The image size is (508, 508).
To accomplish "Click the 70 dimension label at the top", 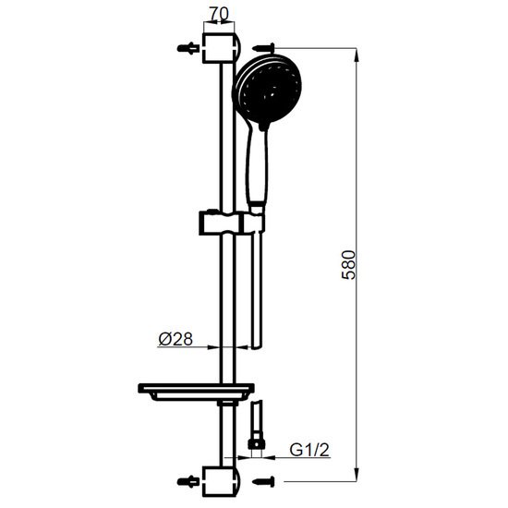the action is pyautogui.click(x=219, y=14).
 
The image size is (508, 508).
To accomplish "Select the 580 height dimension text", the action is pyautogui.click(x=348, y=265).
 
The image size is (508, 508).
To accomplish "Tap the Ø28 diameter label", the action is pyautogui.click(x=175, y=339).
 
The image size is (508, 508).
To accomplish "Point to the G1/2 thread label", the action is pyautogui.click(x=309, y=450).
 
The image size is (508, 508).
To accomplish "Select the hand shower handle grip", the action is pyautogui.click(x=257, y=165).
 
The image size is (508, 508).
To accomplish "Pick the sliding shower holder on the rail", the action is pyautogui.click(x=232, y=223).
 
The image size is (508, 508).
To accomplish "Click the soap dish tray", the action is pyautogui.click(x=196, y=392).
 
